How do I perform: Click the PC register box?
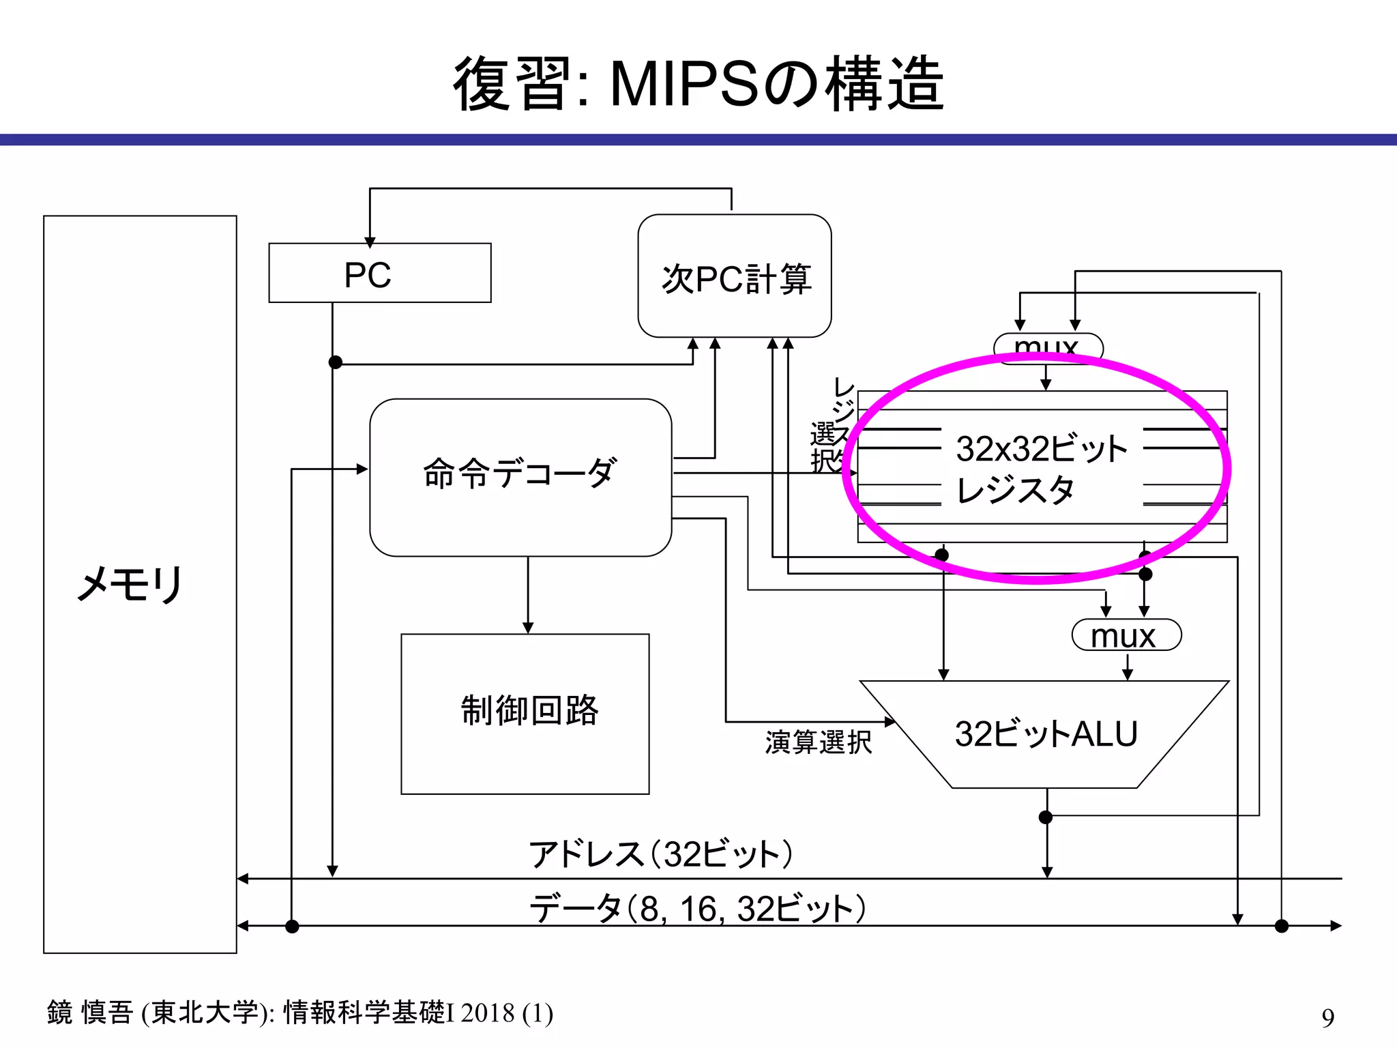379,273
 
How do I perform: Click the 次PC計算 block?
734,277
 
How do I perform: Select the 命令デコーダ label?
520,473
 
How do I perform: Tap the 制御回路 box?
525,712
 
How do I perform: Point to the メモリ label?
130,584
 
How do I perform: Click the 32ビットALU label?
1046,734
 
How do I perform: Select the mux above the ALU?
1126,635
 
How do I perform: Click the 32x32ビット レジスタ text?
1041,469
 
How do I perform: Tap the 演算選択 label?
818,742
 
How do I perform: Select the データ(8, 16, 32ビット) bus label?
697,909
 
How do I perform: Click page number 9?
1327,1017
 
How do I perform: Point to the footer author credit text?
300,1013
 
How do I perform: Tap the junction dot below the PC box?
335,362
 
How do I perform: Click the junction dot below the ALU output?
1046,817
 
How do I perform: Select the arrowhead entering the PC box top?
370,242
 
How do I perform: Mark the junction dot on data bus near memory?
292,926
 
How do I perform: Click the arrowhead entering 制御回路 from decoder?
527,628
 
